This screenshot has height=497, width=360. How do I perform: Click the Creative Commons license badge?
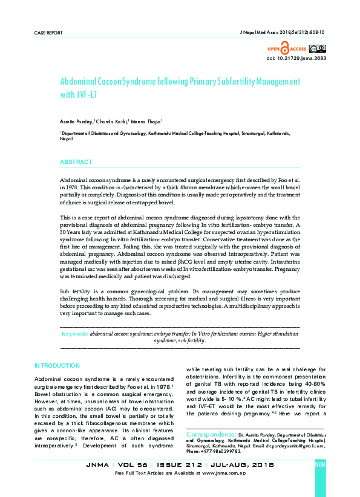point(320,48)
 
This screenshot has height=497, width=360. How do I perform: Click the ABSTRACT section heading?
point(76,163)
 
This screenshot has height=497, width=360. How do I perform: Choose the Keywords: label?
point(76,333)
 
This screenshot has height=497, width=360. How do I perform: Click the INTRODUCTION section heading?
point(57,366)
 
